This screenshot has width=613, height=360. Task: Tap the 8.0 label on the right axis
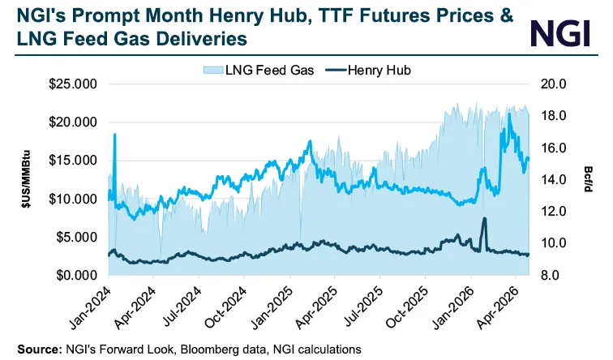point(555,276)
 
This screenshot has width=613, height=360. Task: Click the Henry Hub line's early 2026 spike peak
point(484,219)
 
